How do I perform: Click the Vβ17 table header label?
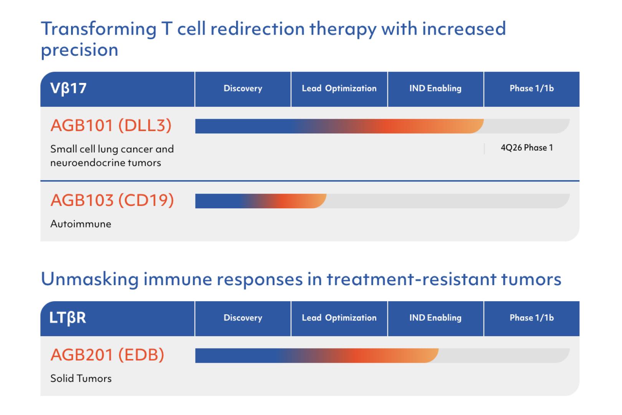[x=68, y=89]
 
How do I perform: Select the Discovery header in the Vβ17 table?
[x=243, y=89]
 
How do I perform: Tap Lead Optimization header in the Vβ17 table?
[x=339, y=89]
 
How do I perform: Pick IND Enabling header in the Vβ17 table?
[x=435, y=89]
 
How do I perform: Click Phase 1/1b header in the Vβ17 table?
[x=531, y=89]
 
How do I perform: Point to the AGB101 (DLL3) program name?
[x=111, y=126]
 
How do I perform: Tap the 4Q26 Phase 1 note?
[x=527, y=148]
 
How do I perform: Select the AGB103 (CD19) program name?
[x=112, y=201]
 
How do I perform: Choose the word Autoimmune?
[x=81, y=224]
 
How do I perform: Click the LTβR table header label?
[x=68, y=318]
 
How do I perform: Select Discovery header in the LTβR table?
[x=243, y=318]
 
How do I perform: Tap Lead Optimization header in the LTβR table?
[x=339, y=318]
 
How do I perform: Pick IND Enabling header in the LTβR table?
[x=435, y=318]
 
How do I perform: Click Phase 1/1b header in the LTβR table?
[x=531, y=318]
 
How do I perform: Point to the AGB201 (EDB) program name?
[x=107, y=355]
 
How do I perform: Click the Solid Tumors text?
[x=81, y=378]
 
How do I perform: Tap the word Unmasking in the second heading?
[x=89, y=279]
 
